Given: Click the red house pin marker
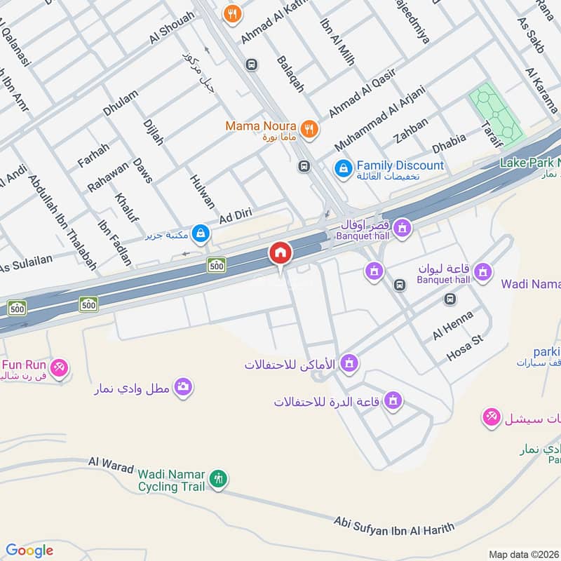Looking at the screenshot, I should coord(280,254).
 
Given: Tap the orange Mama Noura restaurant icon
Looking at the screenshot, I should coord(308,128).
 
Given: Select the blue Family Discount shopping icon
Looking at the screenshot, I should coord(343,168).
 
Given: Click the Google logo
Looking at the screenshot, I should coord(29,550).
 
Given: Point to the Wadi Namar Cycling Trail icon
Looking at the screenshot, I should coord(219,480).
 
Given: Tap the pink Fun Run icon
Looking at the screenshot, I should coord(60,367).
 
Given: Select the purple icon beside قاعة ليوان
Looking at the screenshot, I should coord(482,271).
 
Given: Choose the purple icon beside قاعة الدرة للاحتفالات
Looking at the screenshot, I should coord(393,400).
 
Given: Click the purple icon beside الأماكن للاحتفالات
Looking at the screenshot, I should coord(351,363).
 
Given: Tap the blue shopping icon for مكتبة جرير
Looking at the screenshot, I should coord(201,234).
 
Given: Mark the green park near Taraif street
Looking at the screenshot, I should coord(496,114).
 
